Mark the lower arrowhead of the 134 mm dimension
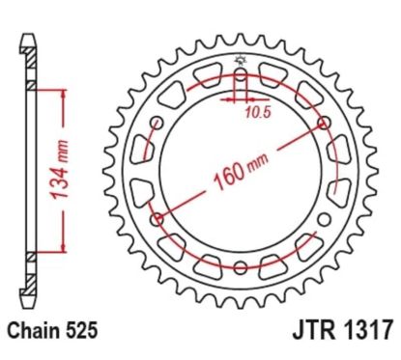coord(65,250)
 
